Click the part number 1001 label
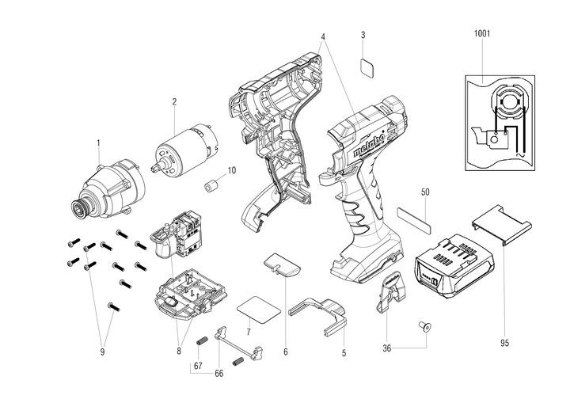click(481, 34)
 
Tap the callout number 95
click(505, 343)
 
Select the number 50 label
click(425, 192)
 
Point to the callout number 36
click(387, 346)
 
